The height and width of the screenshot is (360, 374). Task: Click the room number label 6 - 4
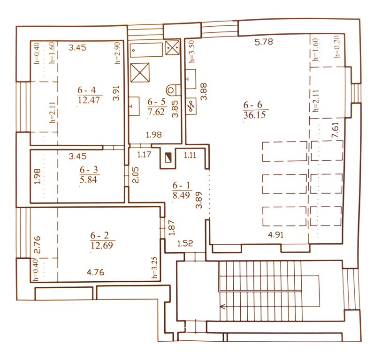pyautogui.click(x=87, y=90)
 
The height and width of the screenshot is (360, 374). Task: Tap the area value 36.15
pyautogui.click(x=255, y=115)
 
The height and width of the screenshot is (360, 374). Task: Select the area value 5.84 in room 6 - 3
pyautogui.click(x=89, y=180)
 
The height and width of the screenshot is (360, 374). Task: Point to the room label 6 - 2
pyautogui.click(x=99, y=235)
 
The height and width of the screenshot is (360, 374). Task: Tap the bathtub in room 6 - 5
pyautogui.click(x=146, y=50)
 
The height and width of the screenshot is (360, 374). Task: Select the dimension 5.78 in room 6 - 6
pyautogui.click(x=264, y=42)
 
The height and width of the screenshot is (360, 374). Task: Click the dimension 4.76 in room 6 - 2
pyautogui.click(x=95, y=272)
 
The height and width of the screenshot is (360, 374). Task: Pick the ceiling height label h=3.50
pyautogui.click(x=192, y=51)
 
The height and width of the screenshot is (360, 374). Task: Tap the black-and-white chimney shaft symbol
pyautogui.click(x=168, y=157)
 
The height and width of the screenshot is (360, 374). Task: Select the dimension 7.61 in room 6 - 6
pyautogui.click(x=336, y=130)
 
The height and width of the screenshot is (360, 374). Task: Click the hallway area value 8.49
pyautogui.click(x=181, y=195)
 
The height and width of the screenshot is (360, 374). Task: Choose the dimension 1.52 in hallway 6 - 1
pyautogui.click(x=185, y=243)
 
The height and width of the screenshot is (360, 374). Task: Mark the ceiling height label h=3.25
pyautogui.click(x=155, y=268)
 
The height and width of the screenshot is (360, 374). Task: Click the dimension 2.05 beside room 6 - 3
pyautogui.click(x=136, y=175)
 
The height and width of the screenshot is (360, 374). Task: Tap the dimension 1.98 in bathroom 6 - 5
pyautogui.click(x=154, y=135)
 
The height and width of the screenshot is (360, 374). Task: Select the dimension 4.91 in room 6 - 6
pyautogui.click(x=276, y=235)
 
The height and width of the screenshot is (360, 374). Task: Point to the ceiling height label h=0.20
pyautogui.click(x=336, y=48)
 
